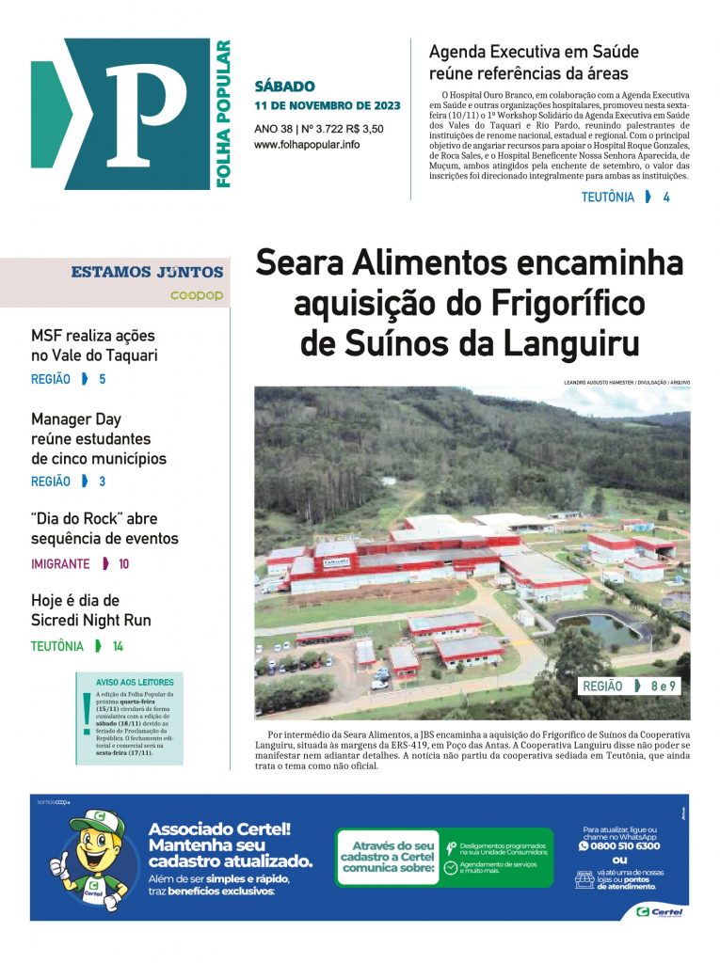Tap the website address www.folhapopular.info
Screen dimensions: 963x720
[x=306, y=145]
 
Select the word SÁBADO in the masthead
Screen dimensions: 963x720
[x=284, y=87]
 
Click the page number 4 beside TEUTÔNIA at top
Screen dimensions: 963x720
[x=666, y=197]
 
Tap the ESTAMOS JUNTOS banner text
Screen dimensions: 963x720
[x=147, y=273]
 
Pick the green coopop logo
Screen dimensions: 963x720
[x=196, y=295]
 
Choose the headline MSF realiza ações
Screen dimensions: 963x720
[x=93, y=336]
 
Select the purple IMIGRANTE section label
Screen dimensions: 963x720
[x=60, y=564]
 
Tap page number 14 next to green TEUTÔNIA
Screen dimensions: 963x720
[x=118, y=646]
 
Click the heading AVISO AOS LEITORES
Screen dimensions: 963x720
[x=135, y=682]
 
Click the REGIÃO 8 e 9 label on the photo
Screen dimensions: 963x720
[x=629, y=687]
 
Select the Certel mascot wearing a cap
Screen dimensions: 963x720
[x=89, y=858]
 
